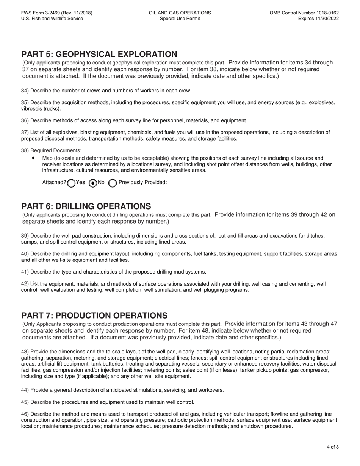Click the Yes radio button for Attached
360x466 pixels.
point(71,183)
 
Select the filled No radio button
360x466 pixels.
point(92,183)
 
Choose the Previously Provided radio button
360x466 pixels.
point(113,183)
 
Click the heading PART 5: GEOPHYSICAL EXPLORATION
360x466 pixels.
point(99,54)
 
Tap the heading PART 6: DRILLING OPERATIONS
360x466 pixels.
point(86,206)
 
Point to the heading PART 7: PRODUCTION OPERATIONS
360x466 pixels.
point(94,316)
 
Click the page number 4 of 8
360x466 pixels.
point(332,447)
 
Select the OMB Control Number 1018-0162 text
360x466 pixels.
point(304,13)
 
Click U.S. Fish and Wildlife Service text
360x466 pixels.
point(52,19)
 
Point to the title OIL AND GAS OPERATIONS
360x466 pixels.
point(180,13)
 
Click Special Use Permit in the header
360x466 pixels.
point(180,19)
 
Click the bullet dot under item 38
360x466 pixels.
point(34,158)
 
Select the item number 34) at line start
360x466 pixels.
point(25,91)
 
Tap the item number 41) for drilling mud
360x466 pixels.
point(25,272)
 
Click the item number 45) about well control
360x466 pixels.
point(25,402)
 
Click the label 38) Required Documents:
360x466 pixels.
point(51,150)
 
